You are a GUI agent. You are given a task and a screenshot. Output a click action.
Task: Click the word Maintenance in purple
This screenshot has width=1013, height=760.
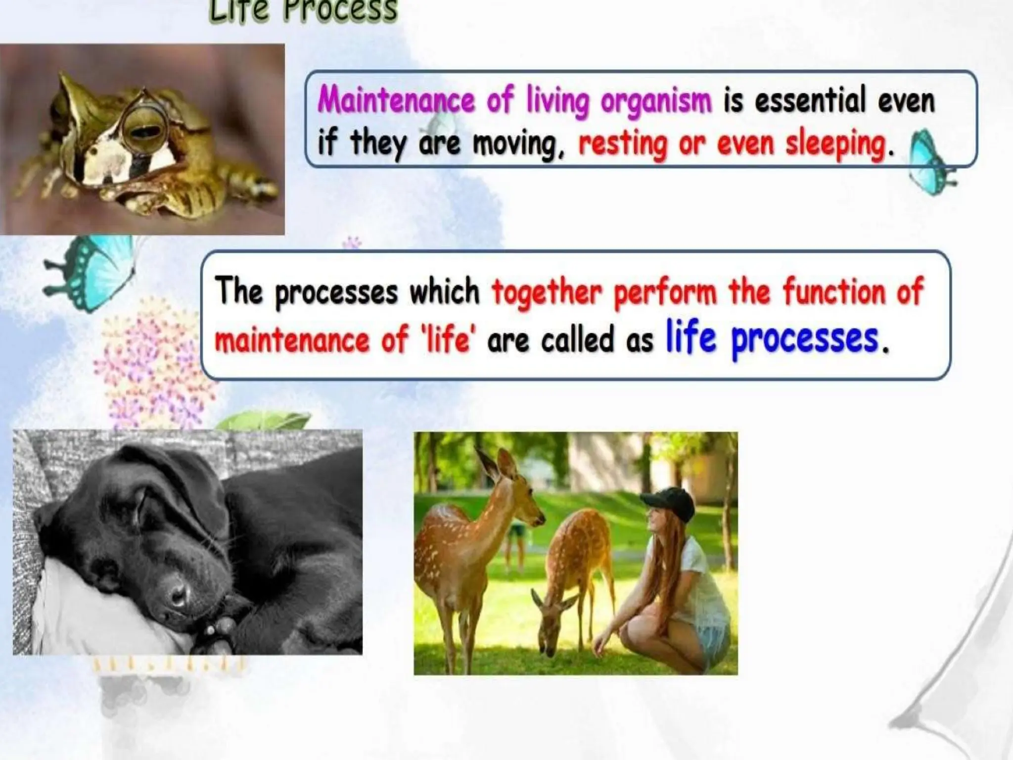396,101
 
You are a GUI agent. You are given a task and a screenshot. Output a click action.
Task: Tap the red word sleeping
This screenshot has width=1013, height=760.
836,144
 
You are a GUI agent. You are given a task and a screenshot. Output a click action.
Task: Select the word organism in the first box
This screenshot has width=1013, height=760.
656,101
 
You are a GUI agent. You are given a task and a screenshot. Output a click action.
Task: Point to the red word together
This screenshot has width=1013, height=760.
547,292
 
